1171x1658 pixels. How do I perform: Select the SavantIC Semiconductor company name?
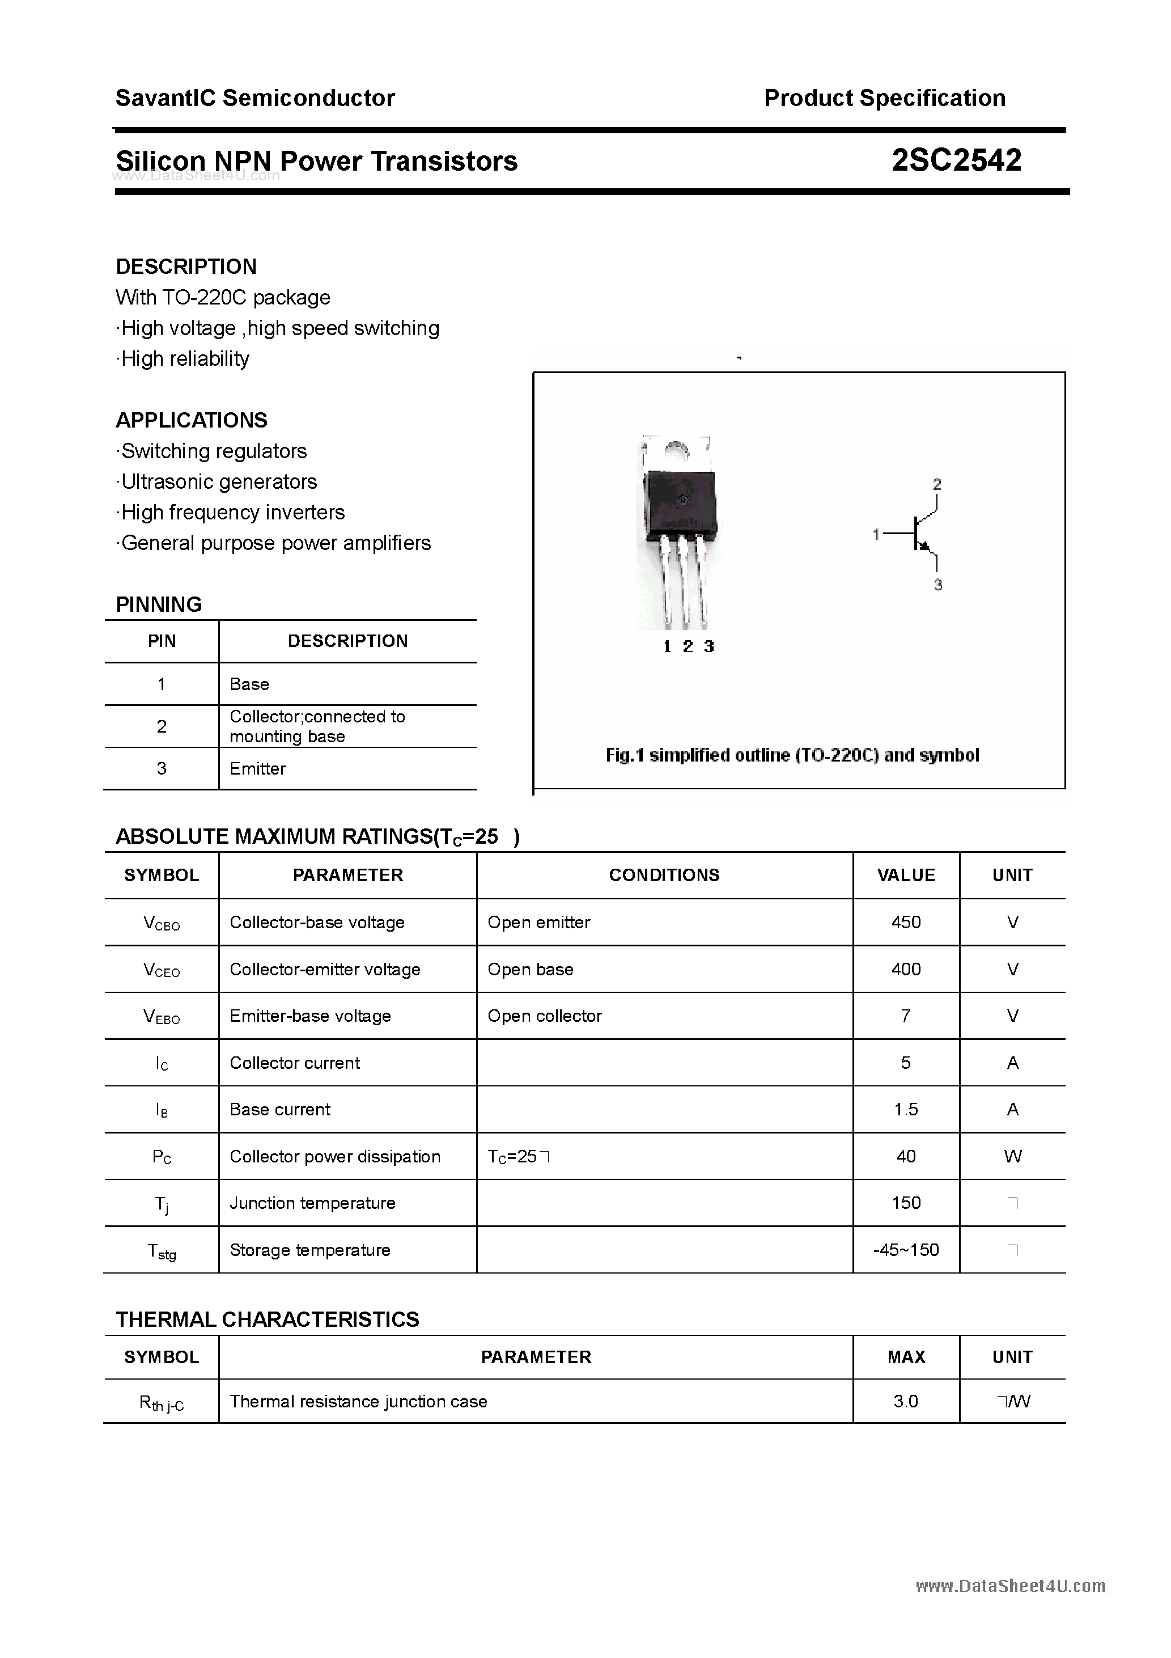[x=255, y=98]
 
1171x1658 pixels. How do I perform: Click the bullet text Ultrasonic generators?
[x=219, y=481]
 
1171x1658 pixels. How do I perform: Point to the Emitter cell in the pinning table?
[x=258, y=768]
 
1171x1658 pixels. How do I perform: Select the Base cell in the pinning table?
[x=249, y=684]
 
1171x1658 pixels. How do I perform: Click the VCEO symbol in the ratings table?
[x=162, y=970]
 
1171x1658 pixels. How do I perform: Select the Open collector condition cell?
[x=544, y=1016]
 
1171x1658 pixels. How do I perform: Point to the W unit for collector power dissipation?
[x=1012, y=1156]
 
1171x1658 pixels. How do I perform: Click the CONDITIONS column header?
[x=664, y=875]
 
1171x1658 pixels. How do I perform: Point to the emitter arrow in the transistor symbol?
[x=923, y=547]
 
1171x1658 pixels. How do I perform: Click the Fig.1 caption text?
[x=792, y=755]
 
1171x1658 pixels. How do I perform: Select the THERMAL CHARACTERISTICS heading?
[x=267, y=1319]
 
